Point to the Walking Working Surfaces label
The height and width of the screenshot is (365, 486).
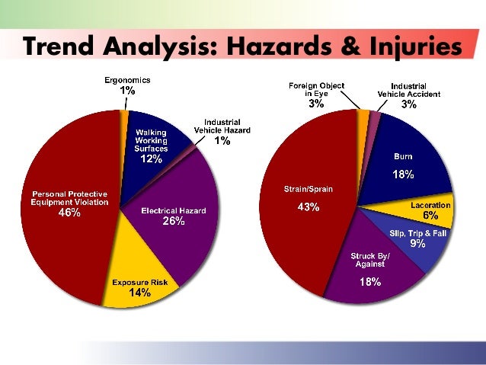(150, 140)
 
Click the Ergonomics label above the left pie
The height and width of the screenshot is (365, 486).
(127, 80)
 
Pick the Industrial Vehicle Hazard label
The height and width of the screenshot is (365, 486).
(221, 126)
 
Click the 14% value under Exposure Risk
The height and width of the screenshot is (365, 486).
(140, 293)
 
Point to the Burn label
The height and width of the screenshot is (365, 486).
(403, 156)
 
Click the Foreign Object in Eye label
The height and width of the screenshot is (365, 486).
(316, 89)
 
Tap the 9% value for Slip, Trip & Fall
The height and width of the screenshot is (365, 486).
(417, 244)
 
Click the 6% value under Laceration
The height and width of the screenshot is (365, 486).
(430, 216)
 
